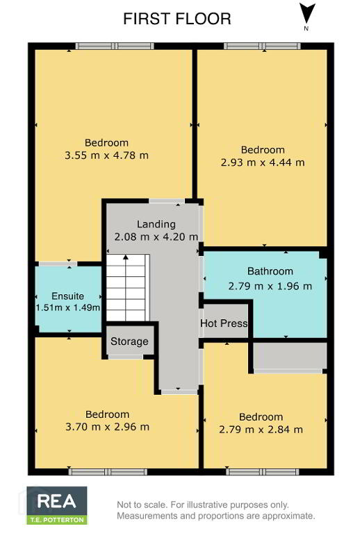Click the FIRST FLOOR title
pos(177,19)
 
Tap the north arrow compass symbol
pos(307,14)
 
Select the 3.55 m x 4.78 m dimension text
pos(106,155)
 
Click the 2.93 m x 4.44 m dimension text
pos(263,162)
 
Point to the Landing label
pos(156,224)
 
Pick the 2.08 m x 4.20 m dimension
pos(156,237)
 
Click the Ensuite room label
pos(67,296)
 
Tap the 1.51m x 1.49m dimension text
pos(68,307)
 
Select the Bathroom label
pos(270,271)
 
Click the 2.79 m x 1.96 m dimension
pos(270,286)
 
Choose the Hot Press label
pos(224,323)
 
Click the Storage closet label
pos(129,341)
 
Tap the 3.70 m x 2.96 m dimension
pos(107,427)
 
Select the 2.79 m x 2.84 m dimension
pos(261,430)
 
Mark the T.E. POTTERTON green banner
pos(57,520)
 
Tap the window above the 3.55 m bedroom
pos(115,46)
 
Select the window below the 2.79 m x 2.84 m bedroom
pos(263,471)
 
